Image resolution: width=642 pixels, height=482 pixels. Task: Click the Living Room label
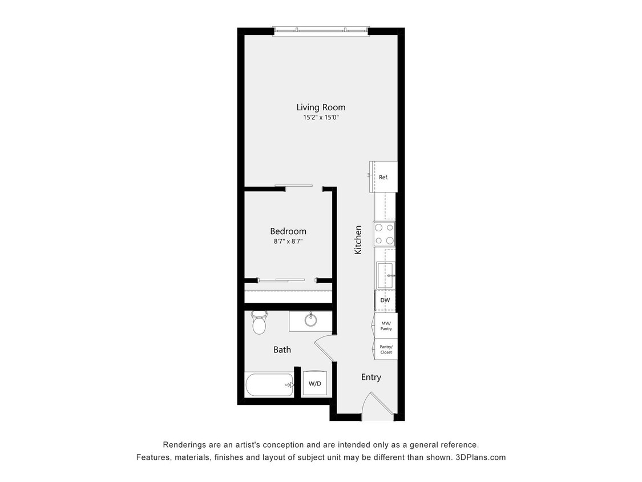(x=321, y=107)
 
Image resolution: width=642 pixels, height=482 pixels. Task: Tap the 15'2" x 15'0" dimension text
(x=321, y=118)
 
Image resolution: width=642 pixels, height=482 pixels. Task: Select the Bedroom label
(x=288, y=231)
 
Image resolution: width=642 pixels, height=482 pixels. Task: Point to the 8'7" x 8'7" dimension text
(x=288, y=242)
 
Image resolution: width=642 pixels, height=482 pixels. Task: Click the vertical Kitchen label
(x=358, y=240)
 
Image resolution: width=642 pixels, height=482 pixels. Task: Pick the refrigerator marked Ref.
(x=383, y=177)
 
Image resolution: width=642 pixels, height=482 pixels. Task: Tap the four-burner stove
(x=384, y=234)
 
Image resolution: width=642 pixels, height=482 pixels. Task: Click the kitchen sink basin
(x=386, y=275)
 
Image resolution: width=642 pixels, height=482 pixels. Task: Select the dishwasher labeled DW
(x=385, y=300)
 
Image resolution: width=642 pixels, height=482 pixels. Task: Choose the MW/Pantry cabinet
(x=386, y=326)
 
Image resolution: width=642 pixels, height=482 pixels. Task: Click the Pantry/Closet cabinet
(x=386, y=349)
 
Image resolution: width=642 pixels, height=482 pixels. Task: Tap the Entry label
(x=371, y=377)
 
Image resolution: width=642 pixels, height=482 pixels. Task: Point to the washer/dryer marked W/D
(x=315, y=384)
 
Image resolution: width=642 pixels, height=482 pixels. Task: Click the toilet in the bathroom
(x=259, y=323)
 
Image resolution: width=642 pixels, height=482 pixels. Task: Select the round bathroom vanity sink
(x=311, y=320)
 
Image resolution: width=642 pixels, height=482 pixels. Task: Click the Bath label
(x=282, y=350)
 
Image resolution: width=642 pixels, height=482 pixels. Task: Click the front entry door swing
(x=377, y=404)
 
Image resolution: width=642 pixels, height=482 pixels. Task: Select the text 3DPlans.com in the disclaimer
(x=481, y=457)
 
